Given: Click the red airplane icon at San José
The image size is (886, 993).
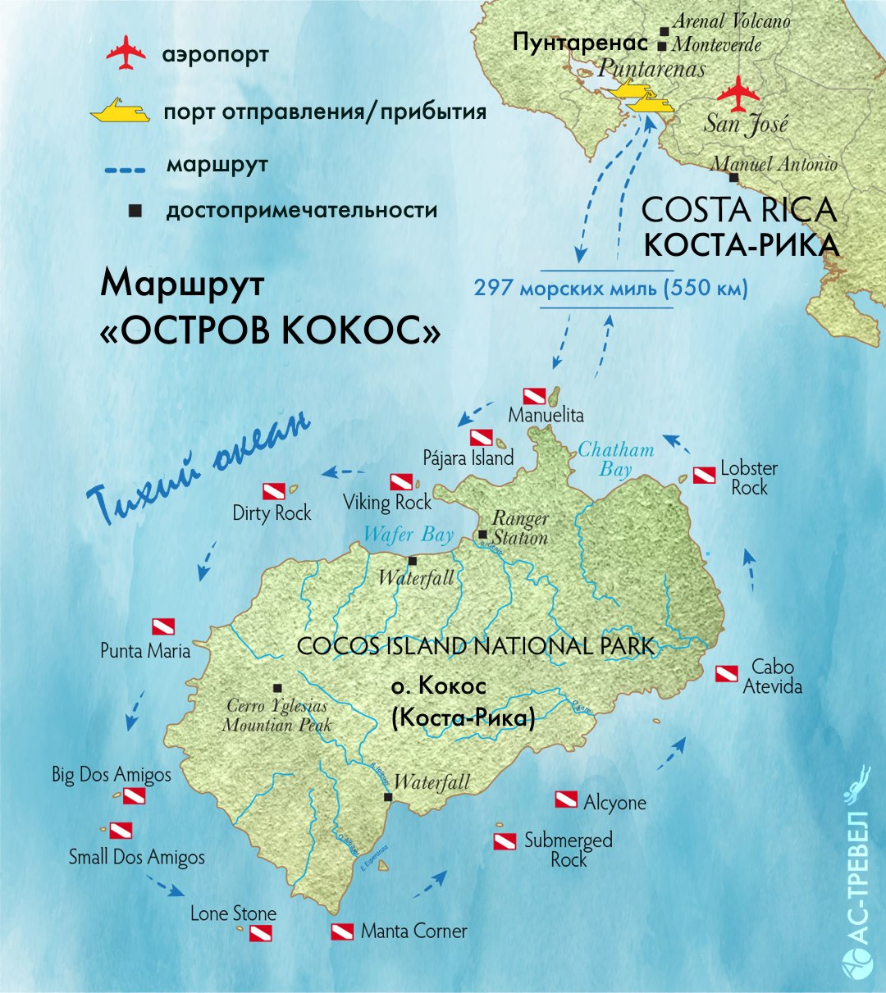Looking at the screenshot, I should [x=738, y=93].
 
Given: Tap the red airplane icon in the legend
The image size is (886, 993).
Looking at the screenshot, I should [x=126, y=53].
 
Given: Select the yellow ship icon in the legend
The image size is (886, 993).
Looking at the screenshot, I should [x=120, y=112].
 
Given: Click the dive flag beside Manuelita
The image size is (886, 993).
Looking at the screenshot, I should [x=534, y=396].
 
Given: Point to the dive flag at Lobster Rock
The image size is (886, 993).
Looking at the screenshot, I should [x=704, y=475].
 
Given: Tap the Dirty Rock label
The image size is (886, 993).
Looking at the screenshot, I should [x=272, y=513].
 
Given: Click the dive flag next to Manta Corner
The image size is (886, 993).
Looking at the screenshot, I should [x=342, y=932].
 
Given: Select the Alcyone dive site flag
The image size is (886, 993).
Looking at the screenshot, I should [x=566, y=799].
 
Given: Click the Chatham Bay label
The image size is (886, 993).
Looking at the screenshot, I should [x=615, y=459].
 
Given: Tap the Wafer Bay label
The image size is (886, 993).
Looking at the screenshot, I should [x=408, y=535].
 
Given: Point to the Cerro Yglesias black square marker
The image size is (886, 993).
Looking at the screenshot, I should [x=277, y=687].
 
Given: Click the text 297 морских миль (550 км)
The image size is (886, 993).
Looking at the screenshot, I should [x=610, y=289].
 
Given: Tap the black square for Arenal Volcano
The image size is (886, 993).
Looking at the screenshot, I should [x=663, y=31].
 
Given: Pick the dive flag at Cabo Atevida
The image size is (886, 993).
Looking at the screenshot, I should [x=726, y=674].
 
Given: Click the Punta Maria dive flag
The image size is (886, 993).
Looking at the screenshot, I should [x=163, y=626].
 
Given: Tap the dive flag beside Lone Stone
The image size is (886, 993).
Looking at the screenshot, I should [x=260, y=932].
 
